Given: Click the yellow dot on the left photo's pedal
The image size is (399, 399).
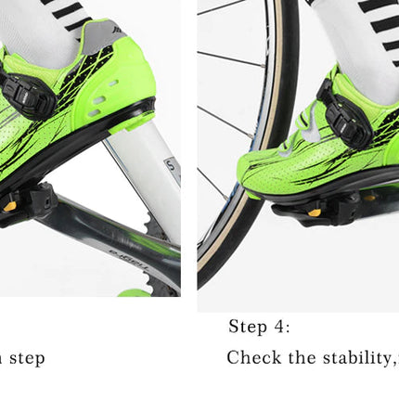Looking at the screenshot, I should pos(10,206).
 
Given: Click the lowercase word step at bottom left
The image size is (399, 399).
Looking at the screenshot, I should pos(26,358).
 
